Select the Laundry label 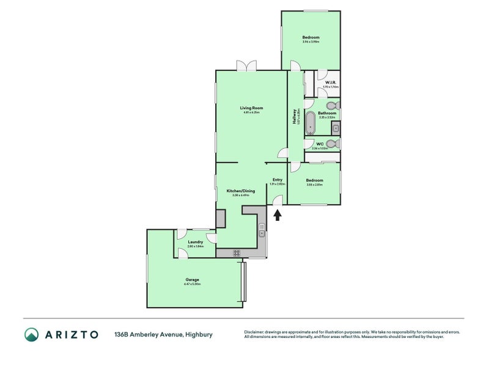coord(195,242)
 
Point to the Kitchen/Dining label coord(240,191)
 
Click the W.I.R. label coord(330,82)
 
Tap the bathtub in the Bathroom coord(311,122)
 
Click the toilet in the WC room coord(331,144)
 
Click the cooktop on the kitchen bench coord(236,253)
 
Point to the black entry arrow coord(277,214)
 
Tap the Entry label coord(277,179)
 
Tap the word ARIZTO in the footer coord(72,334)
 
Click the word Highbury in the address coord(199,334)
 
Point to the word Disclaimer coord(256,332)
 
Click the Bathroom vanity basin coord(336,127)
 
